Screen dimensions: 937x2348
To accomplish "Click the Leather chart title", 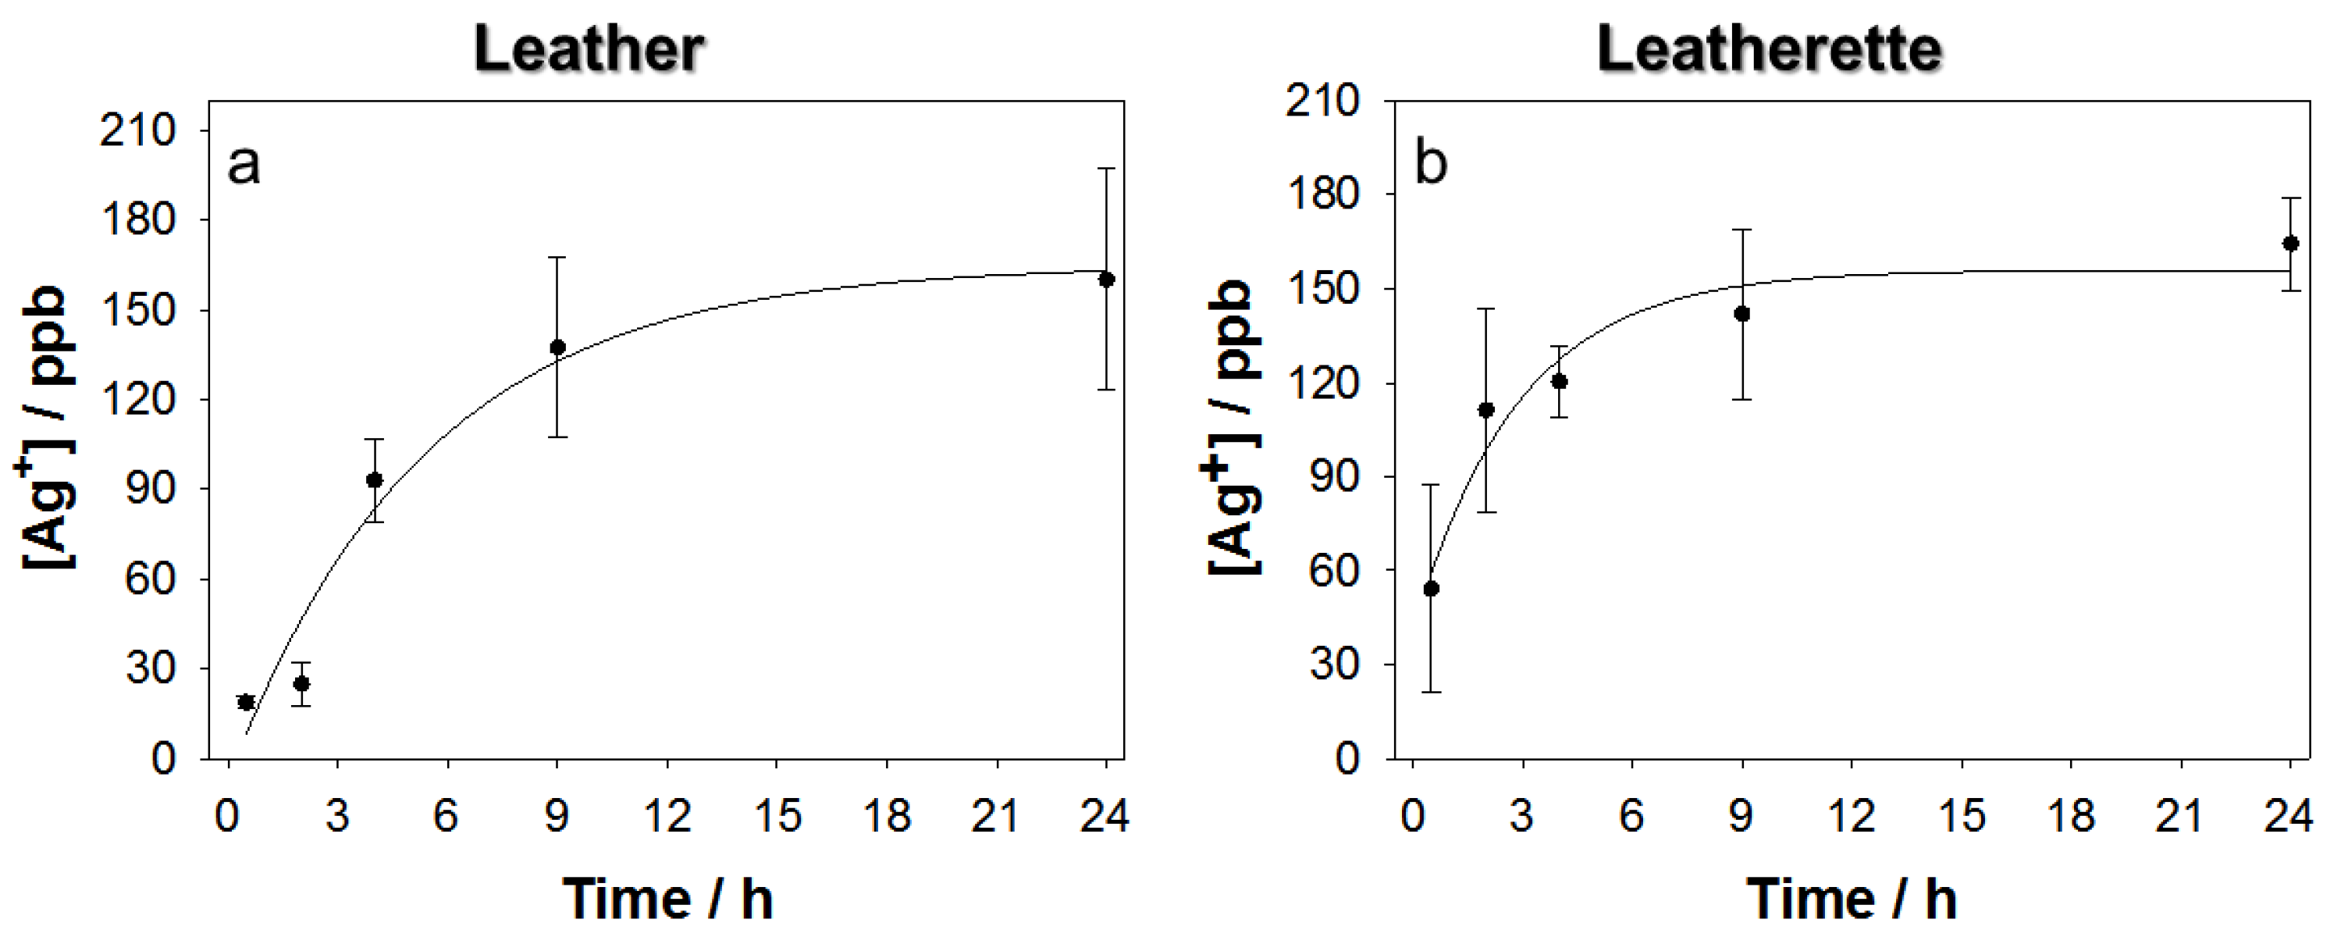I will coord(589,49).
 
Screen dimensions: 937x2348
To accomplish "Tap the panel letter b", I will coord(1430,164).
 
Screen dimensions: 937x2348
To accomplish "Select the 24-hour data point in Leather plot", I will coord(1107,280).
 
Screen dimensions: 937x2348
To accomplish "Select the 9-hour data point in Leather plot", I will coord(558,347).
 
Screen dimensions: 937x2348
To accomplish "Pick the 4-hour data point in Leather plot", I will coord(374,480).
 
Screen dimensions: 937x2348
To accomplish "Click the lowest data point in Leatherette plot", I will coord(1431,589).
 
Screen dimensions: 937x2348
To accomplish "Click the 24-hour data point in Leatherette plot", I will coord(2290,244).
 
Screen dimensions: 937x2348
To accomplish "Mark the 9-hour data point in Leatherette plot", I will coord(1741,315).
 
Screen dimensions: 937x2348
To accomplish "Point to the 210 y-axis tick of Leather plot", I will coord(137,131).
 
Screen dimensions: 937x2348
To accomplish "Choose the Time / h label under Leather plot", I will coord(668,899).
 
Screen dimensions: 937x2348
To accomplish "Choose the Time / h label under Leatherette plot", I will coord(1852,899).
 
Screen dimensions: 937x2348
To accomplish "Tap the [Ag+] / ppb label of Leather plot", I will coord(45,429).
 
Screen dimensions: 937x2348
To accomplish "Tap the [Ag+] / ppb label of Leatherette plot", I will coord(1233,429).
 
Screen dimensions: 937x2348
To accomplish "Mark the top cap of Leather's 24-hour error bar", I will coord(1107,169).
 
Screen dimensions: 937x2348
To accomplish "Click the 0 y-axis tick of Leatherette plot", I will coord(1347,758).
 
